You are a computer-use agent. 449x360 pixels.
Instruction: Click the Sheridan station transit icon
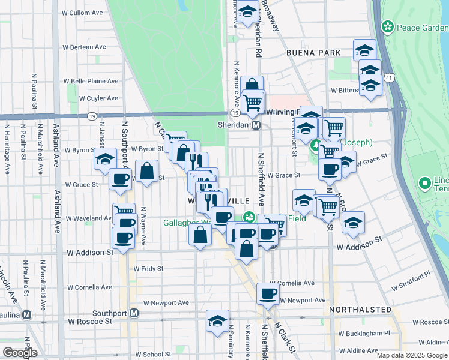pyautogui.click(x=256, y=125)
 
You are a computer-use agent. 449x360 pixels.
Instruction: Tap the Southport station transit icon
pyautogui.click(x=134, y=313)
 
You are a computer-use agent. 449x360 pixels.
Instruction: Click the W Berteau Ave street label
pyautogui.click(x=84, y=47)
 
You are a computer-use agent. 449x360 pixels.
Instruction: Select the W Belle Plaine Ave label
pyautogui.click(x=91, y=81)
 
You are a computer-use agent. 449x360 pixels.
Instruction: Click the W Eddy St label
pyautogui.click(x=148, y=269)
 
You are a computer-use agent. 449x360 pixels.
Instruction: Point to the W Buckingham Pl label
pyautogui.click(x=364, y=333)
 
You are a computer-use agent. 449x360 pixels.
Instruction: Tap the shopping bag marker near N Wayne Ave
pyautogui.click(x=147, y=172)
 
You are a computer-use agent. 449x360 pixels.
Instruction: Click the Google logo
pyautogui.click(x=20, y=353)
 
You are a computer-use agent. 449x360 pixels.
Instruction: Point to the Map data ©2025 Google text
pyautogui.click(x=411, y=355)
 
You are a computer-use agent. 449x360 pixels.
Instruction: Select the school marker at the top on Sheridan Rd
pyautogui.click(x=247, y=11)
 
